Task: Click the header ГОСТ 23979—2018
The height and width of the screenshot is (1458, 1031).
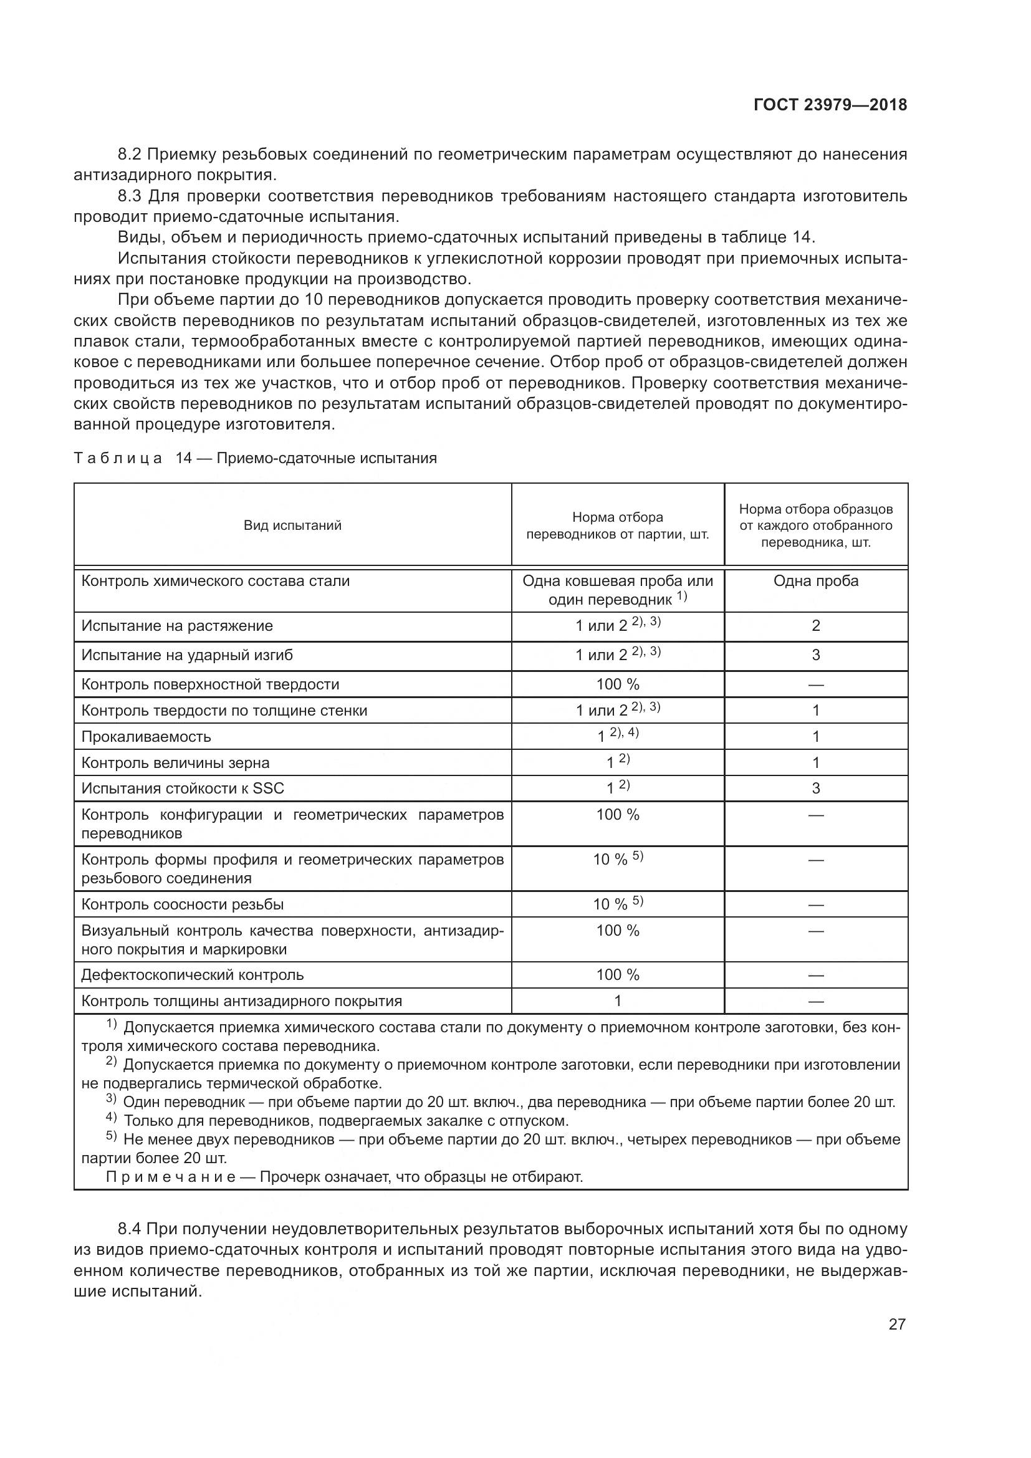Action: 830,105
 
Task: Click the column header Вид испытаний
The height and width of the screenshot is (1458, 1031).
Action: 293,525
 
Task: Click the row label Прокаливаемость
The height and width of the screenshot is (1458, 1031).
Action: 146,737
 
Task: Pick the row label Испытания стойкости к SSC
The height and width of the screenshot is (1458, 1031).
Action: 183,788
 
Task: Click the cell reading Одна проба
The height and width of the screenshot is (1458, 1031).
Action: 815,580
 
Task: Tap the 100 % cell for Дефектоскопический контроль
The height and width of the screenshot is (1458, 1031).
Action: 617,974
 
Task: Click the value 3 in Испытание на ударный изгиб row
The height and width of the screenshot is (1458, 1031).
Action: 816,655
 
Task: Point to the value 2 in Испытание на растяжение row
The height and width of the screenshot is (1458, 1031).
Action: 816,625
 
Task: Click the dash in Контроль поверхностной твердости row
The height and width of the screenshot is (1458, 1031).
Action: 816,684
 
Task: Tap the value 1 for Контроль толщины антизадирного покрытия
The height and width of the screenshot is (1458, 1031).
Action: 617,1001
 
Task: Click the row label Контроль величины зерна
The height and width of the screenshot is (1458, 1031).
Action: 175,762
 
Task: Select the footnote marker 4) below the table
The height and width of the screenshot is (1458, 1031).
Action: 111,1118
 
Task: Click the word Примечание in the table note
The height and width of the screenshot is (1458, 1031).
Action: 170,1177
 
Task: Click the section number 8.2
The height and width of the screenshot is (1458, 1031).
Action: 132,155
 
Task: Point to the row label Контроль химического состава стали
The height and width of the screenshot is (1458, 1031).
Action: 215,580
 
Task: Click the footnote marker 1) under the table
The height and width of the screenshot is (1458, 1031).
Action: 111,1025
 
